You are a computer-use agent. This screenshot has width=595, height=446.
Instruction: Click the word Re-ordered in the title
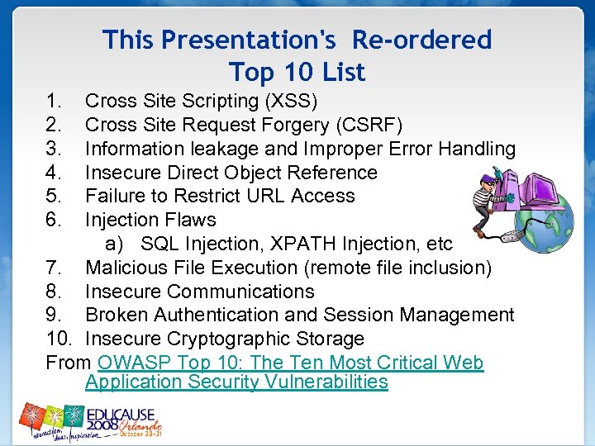[x=421, y=40]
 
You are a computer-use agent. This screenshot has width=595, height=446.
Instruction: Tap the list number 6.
[x=55, y=220]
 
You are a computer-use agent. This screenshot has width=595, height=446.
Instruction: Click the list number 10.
[x=58, y=339]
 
